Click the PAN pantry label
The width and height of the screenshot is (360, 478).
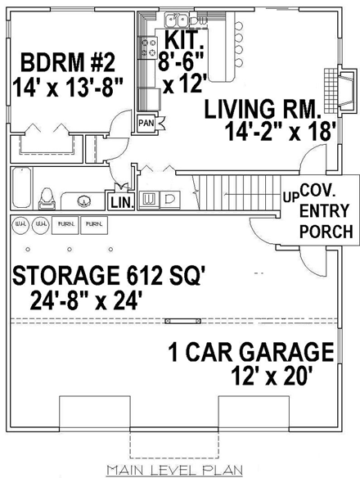click(x=146, y=123)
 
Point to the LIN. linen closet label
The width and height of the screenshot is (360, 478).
click(x=119, y=201)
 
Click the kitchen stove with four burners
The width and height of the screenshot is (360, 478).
click(x=150, y=48)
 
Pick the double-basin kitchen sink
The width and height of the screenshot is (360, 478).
click(x=176, y=20)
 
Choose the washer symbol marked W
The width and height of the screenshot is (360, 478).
click(x=150, y=199)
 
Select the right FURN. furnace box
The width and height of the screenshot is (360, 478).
click(x=94, y=223)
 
